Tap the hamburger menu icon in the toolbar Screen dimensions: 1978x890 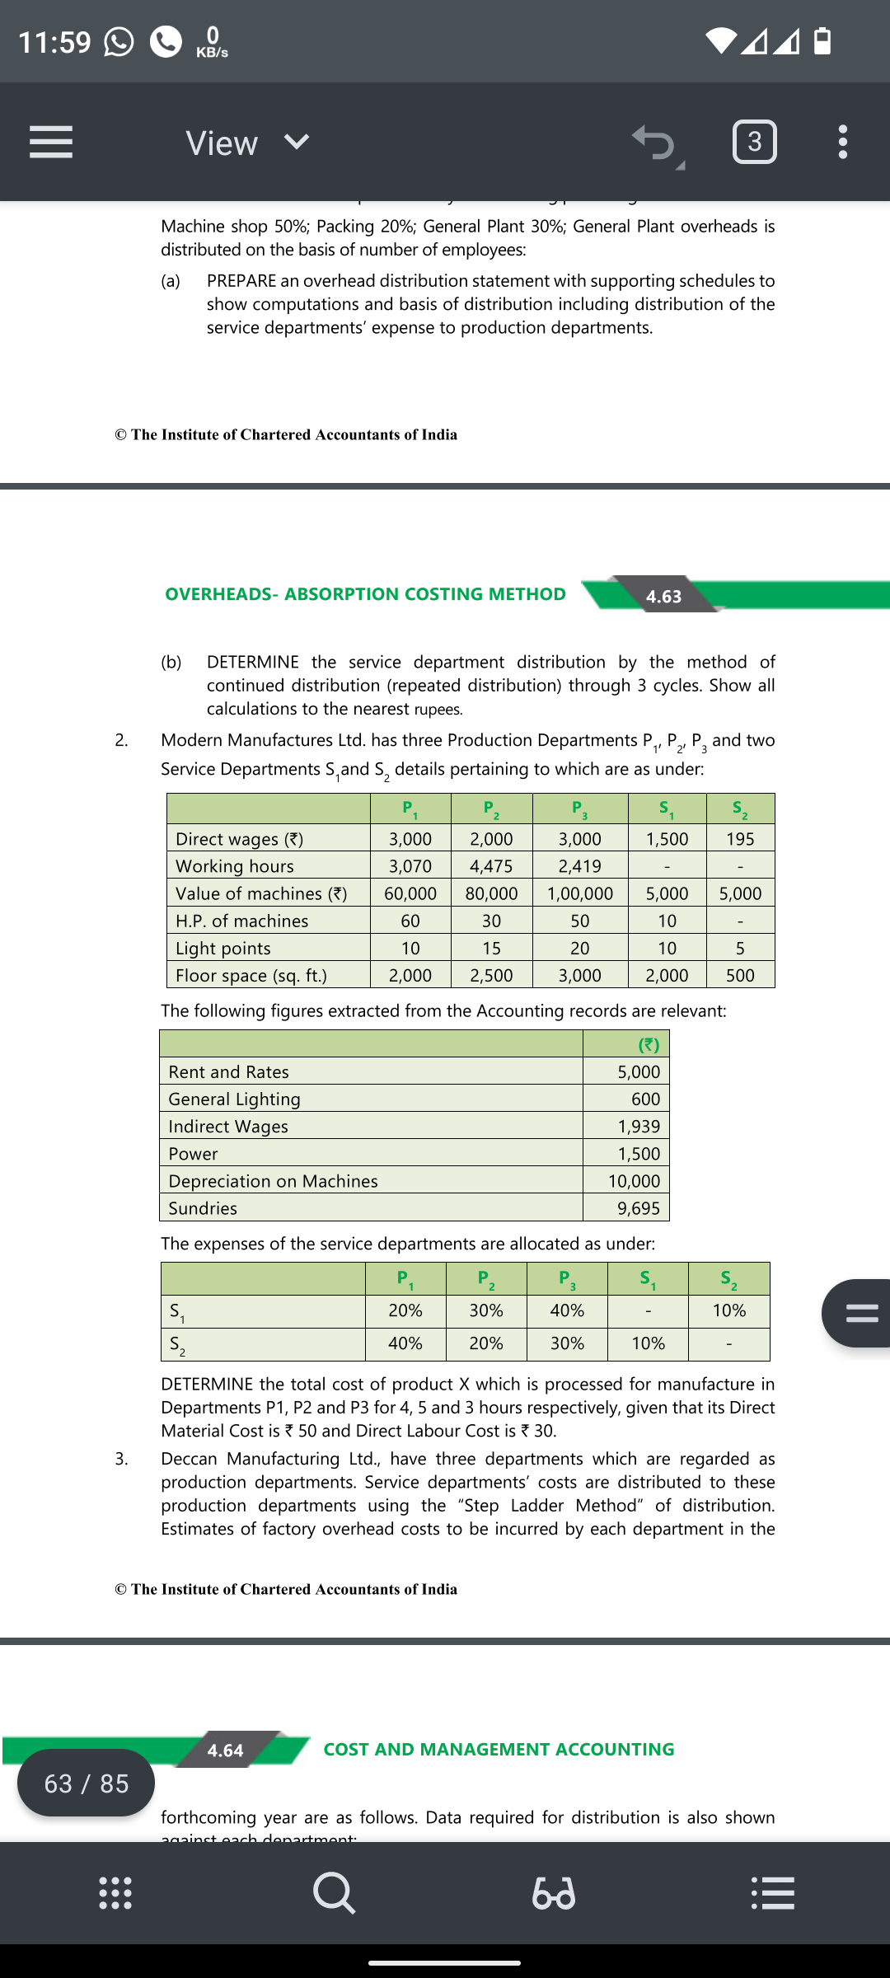pyautogui.click(x=51, y=142)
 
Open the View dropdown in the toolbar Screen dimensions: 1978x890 pyautogui.click(x=246, y=143)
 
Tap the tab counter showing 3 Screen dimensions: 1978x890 pyautogui.click(x=754, y=142)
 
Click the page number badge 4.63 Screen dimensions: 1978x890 pyautogui.click(x=663, y=596)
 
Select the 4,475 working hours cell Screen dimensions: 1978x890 pyautogui.click(x=491, y=866)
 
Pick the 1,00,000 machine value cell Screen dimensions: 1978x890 pyautogui.click(x=579, y=893)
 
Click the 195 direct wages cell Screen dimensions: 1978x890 pyautogui.click(x=740, y=839)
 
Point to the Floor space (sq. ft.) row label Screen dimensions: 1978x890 pyautogui.click(x=251, y=976)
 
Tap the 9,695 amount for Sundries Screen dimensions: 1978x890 pyautogui.click(x=639, y=1208)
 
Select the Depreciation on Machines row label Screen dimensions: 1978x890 pyautogui.click(x=273, y=1181)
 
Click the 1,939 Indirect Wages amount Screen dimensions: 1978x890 pyautogui.click(x=639, y=1127)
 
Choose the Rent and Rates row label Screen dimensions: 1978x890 pyautogui.click(x=228, y=1071)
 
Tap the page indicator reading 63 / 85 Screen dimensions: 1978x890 pyautogui.click(x=87, y=1783)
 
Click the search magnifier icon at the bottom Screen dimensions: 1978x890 pyautogui.click(x=335, y=1892)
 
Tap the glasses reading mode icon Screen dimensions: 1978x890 pyautogui.click(x=554, y=1892)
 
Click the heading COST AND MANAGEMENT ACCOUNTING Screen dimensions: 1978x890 pyautogui.click(x=499, y=1749)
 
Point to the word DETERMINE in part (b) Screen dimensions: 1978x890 pyautogui.click(x=253, y=662)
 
